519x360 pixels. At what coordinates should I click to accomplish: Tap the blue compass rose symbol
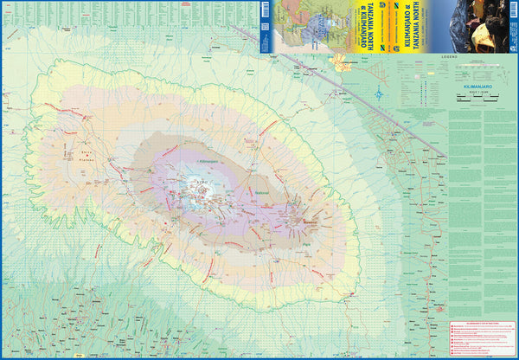(381, 94)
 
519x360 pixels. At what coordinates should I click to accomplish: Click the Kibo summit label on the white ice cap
(202, 183)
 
